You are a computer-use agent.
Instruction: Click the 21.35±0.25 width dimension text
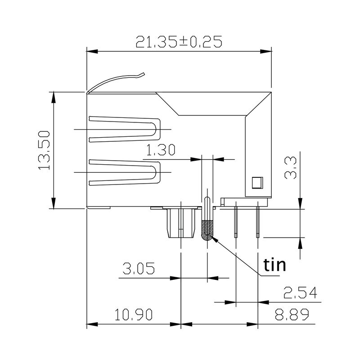tap(179, 42)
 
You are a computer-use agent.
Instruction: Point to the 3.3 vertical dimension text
tap(290, 168)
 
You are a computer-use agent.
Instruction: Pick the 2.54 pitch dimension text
tap(300, 293)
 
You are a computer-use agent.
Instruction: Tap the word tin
tap(274, 265)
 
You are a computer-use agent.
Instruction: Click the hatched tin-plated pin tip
tap(207, 229)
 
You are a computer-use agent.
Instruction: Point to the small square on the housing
tap(256, 182)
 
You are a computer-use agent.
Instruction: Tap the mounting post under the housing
tap(180, 224)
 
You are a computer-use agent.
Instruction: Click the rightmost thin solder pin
tap(257, 220)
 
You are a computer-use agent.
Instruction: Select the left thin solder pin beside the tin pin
tap(236, 220)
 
